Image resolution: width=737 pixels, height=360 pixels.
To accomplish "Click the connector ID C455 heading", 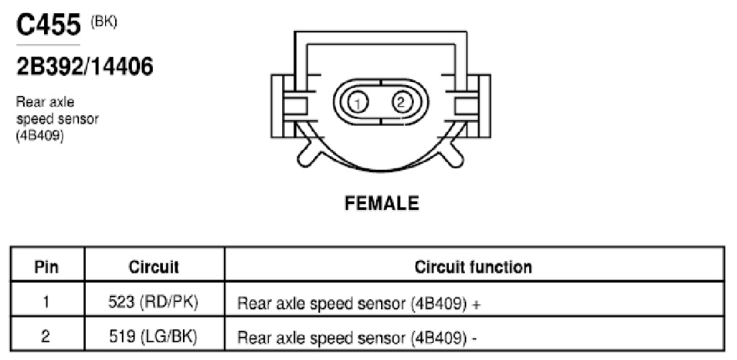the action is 49,25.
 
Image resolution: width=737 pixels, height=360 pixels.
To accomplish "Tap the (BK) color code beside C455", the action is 104,22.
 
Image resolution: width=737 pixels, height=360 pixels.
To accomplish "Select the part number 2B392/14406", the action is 85,66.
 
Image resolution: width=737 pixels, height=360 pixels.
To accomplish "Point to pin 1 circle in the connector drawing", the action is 358,103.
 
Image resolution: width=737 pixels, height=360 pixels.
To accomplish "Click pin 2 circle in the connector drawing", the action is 400,102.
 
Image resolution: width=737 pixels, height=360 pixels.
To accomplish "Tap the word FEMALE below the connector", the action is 382,203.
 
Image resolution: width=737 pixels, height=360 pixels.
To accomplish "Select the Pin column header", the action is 46,267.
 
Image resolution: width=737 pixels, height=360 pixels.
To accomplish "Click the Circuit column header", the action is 154,267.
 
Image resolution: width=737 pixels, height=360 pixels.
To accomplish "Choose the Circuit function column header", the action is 474,267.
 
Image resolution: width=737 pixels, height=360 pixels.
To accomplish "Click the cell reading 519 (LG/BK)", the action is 153,337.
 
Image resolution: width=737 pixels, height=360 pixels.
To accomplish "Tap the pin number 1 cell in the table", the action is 46,302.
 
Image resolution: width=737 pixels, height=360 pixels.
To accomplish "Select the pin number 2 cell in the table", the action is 46,337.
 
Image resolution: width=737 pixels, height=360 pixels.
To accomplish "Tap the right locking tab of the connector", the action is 478,106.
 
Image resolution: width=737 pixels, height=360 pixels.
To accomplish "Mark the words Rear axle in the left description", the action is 45,102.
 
